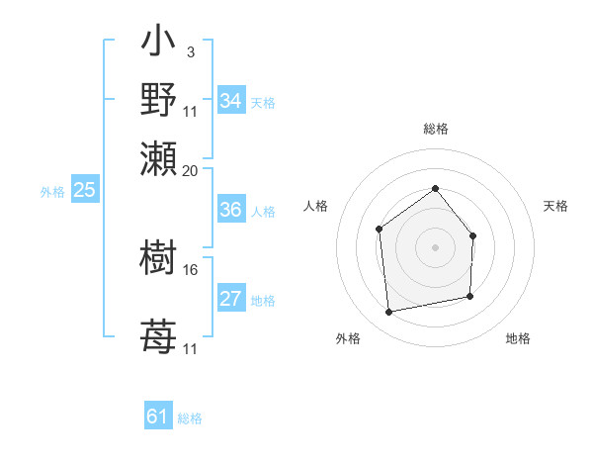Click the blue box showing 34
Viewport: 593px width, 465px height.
pyautogui.click(x=230, y=101)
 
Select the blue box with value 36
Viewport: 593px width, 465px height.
pyautogui.click(x=230, y=210)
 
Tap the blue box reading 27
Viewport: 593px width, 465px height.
pyautogui.click(x=230, y=300)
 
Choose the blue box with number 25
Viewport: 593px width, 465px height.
pyautogui.click(x=84, y=190)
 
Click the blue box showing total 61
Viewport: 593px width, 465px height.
pyautogui.click(x=158, y=417)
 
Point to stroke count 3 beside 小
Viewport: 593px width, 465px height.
pyautogui.click(x=190, y=51)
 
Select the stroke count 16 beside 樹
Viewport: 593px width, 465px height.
pyautogui.click(x=191, y=268)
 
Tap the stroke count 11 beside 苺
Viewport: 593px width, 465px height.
pyautogui.click(x=191, y=348)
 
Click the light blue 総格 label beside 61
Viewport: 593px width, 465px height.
pyautogui.click(x=190, y=418)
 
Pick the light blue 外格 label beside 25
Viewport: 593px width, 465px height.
pyautogui.click(x=52, y=192)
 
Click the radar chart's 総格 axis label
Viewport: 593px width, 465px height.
pyautogui.click(x=435, y=129)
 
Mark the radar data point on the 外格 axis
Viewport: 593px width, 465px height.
pyautogui.click(x=389, y=313)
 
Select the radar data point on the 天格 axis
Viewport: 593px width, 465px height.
pyautogui.click(x=473, y=235)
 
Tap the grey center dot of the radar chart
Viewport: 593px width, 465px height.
pyautogui.click(x=435, y=247)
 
